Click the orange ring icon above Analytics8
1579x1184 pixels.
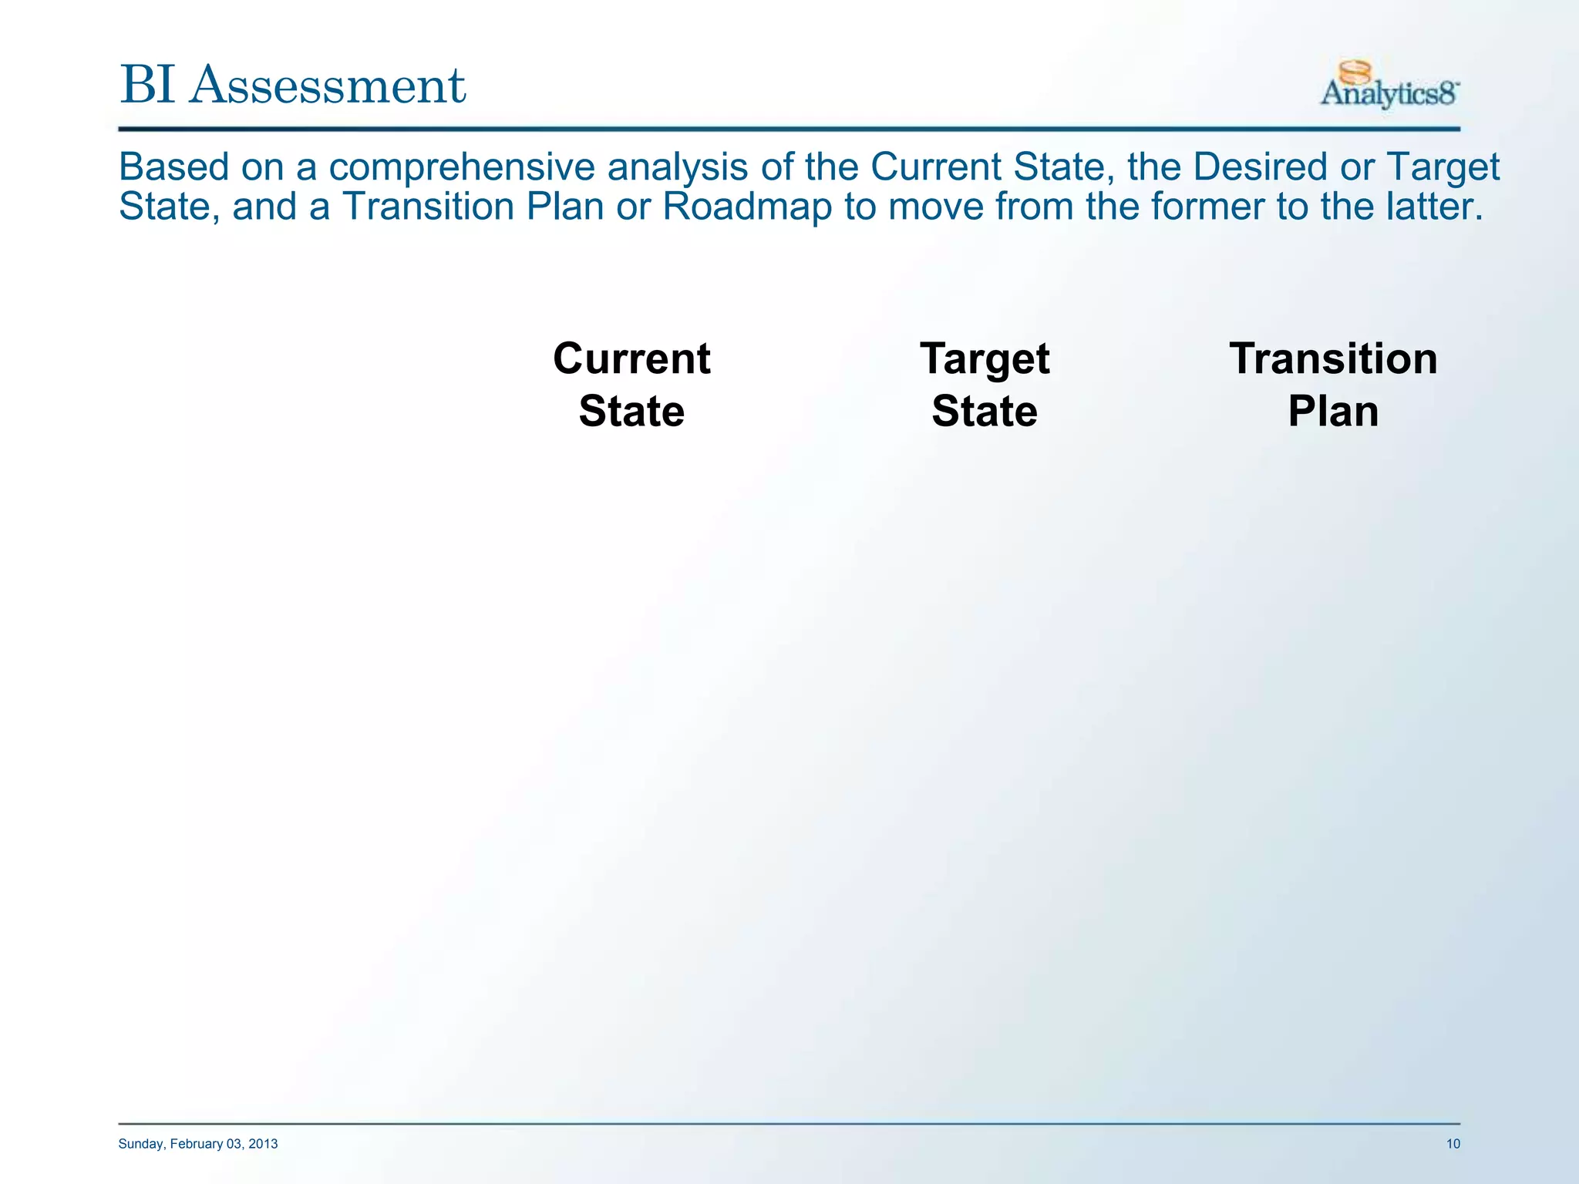(1355, 72)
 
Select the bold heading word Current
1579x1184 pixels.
(631, 359)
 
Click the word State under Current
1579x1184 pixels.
(631, 411)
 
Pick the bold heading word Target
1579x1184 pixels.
(985, 359)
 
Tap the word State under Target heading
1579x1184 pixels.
(985, 411)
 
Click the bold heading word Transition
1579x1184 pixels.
(1333, 359)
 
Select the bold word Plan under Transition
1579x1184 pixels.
(1333, 411)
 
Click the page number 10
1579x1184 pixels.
(1453, 1144)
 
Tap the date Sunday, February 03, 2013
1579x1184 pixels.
(198, 1144)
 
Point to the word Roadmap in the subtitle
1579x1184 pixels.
(746, 207)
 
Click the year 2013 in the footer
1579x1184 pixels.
(263, 1144)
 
